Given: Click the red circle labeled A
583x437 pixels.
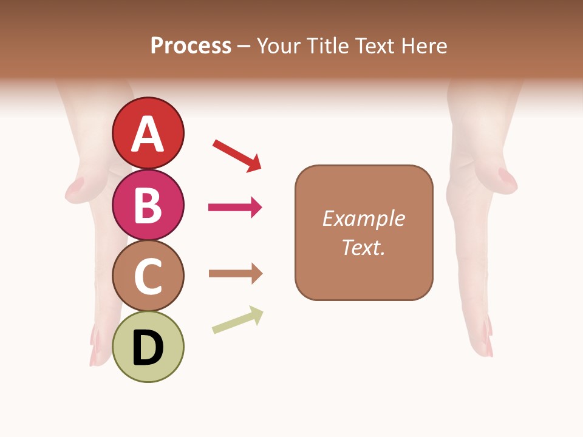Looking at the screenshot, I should [148, 133].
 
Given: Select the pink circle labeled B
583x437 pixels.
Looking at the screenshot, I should [148, 205].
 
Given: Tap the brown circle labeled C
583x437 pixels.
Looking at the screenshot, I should [148, 276].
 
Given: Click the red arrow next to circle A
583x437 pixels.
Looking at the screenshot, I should [237, 155].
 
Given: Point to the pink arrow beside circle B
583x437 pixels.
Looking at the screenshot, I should [236, 208].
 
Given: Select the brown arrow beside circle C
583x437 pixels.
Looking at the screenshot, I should [236, 274].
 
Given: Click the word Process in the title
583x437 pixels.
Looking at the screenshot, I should [191, 46].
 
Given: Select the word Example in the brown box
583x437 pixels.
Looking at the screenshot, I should [363, 218].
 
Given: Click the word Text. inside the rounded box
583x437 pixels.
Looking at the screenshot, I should [363, 247].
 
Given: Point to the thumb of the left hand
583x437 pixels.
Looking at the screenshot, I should [75, 189].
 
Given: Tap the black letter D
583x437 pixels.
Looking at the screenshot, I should [148, 348].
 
